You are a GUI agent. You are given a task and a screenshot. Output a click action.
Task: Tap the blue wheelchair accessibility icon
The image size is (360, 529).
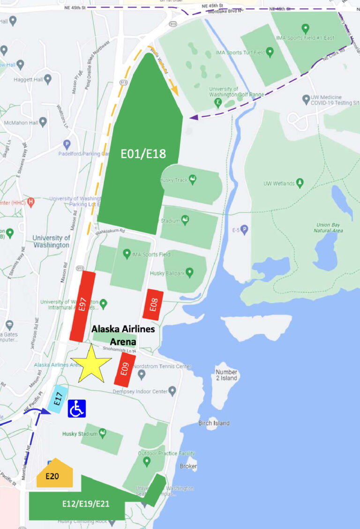[x=77, y=408]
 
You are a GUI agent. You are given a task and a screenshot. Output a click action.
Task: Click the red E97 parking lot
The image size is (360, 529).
[x=82, y=306]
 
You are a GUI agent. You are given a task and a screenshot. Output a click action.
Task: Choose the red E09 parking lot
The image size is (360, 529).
[x=125, y=370]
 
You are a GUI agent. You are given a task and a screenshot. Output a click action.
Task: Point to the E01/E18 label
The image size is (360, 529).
[x=143, y=153]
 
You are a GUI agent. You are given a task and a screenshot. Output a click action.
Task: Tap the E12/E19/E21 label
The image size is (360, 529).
[x=86, y=504]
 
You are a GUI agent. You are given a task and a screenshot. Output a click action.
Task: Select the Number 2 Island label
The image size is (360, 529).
[x=226, y=375]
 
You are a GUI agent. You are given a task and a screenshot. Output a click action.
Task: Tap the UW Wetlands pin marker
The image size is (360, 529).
[x=300, y=183]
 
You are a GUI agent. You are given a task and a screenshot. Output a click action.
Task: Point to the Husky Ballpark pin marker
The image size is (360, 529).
[x=189, y=272]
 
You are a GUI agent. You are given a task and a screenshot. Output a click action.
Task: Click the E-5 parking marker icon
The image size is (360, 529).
[x=244, y=230]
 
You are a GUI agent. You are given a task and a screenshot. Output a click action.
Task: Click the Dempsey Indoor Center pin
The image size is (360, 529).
[x=172, y=390]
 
